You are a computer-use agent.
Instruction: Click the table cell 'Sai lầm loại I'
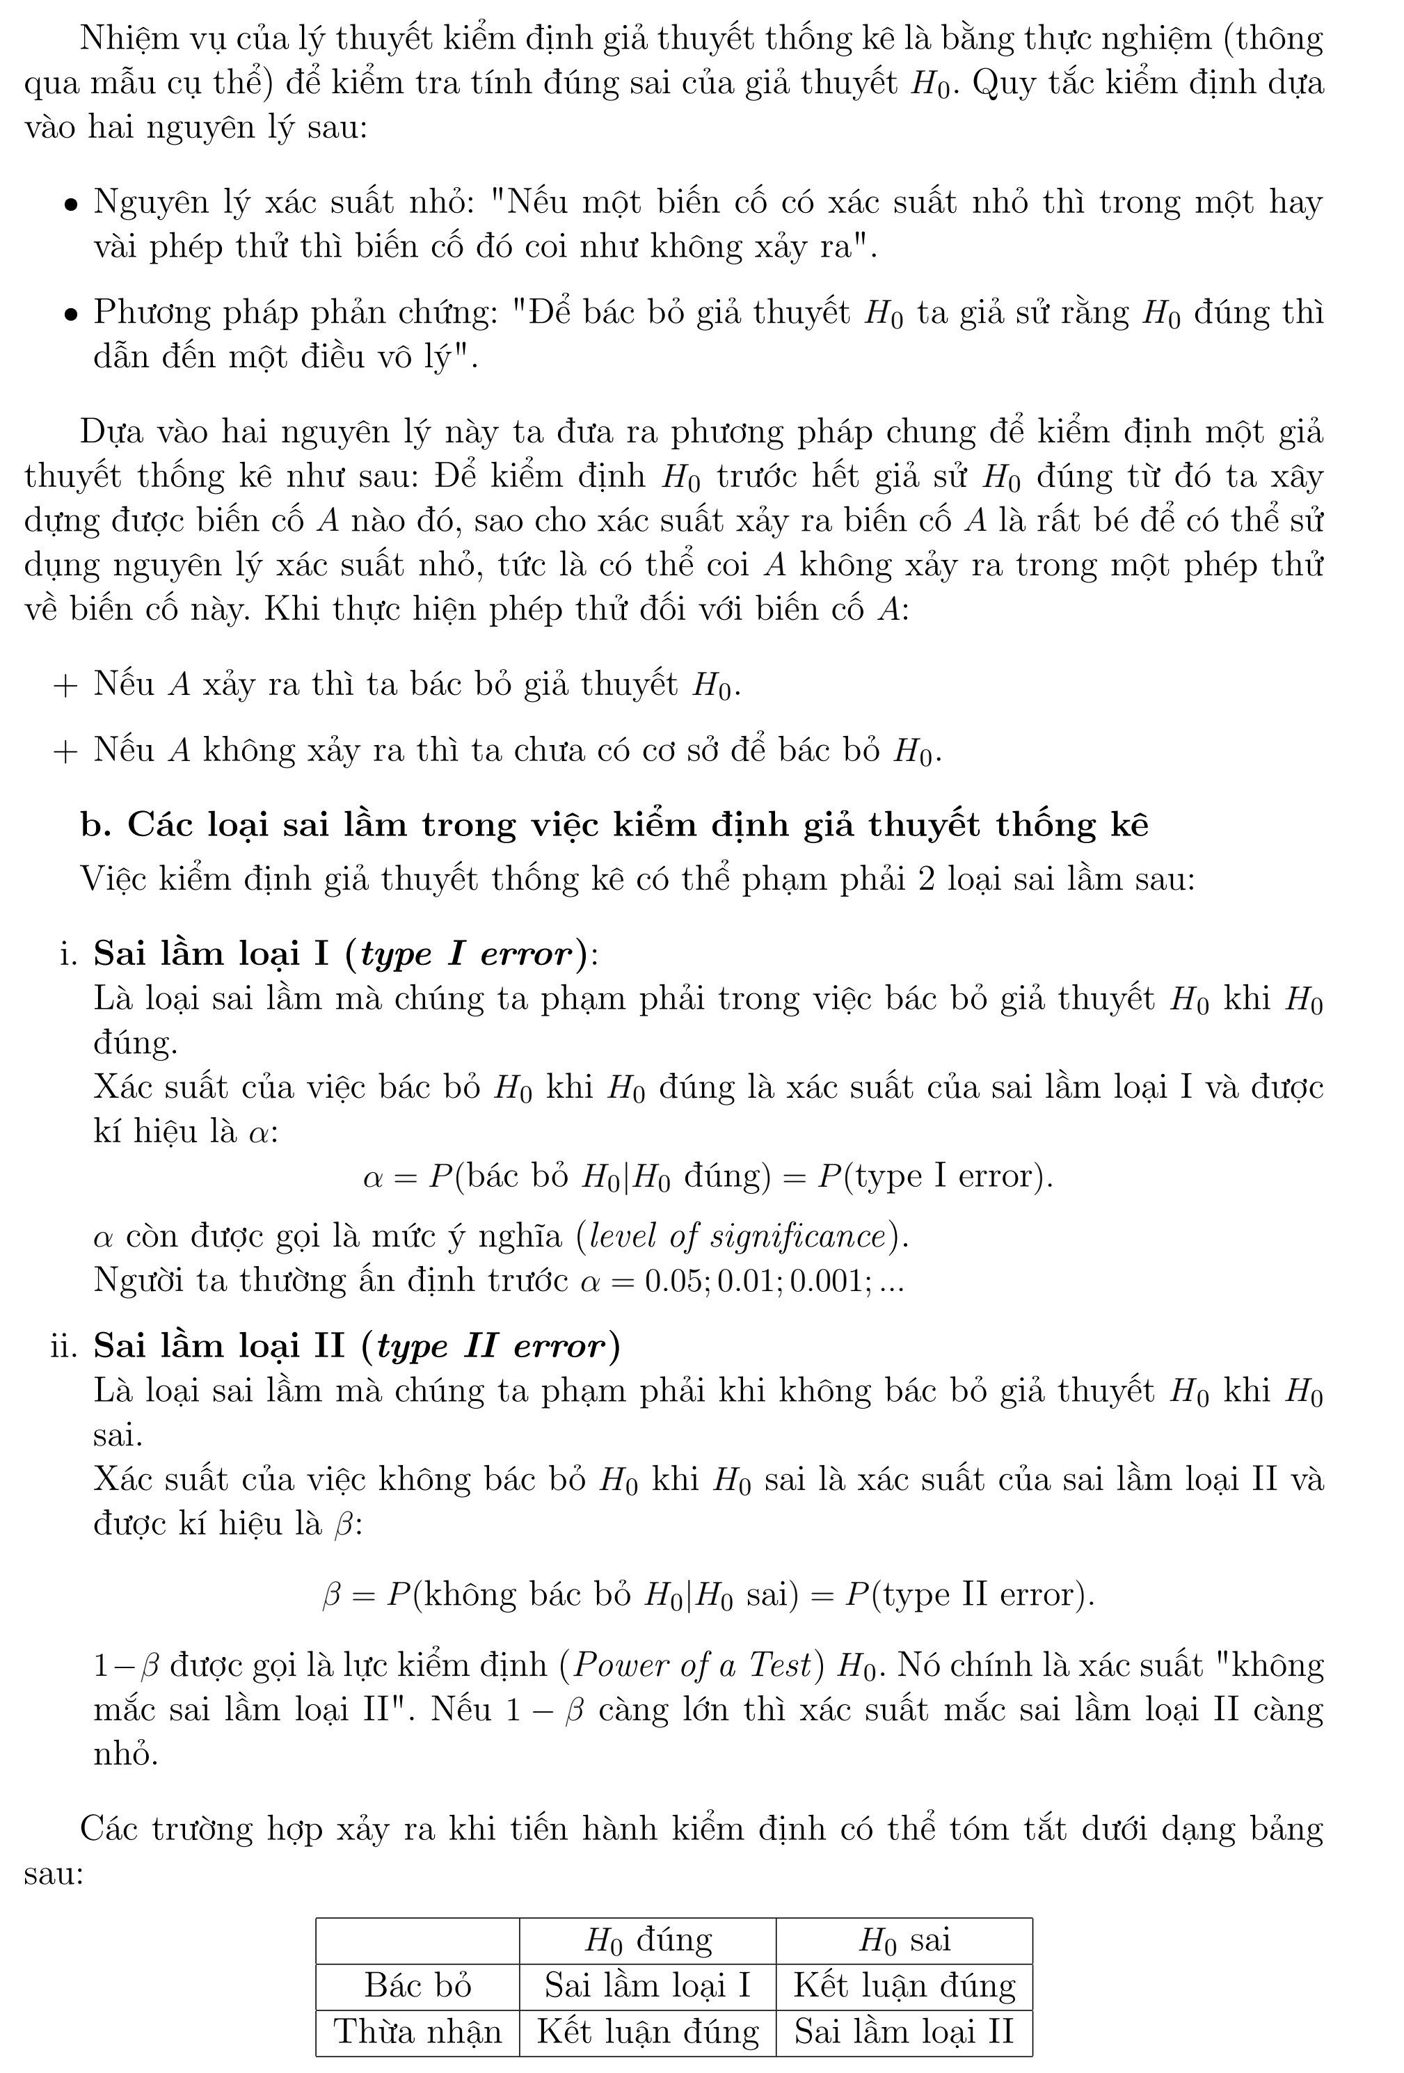click(647, 1985)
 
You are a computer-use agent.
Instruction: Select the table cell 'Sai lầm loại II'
click(904, 2031)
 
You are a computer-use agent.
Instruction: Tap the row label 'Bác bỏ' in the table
click(417, 1985)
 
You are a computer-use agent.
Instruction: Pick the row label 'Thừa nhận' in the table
click(417, 2031)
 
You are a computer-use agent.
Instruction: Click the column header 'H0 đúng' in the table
click(647, 1940)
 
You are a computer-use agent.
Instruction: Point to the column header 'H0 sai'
click(904, 1940)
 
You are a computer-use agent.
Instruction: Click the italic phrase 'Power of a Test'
click(692, 1665)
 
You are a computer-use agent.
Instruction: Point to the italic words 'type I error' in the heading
click(465, 954)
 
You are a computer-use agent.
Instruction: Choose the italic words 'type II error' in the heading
click(490, 1346)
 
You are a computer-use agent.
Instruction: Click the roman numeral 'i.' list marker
click(69, 954)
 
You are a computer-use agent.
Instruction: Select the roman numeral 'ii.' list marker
click(64, 1346)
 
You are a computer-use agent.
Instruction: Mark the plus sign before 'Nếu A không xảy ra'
click(65, 751)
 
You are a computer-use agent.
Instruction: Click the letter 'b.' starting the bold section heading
click(95, 825)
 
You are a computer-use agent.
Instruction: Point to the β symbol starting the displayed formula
click(331, 1594)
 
